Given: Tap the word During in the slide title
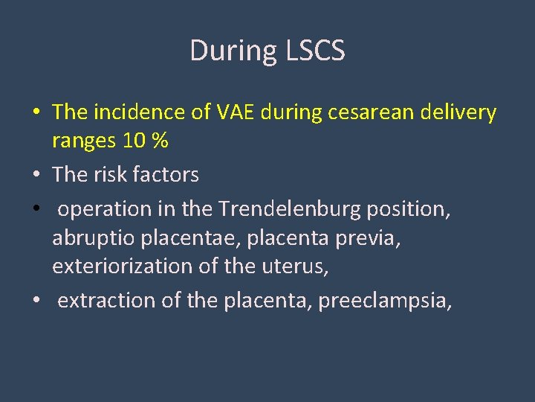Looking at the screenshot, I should tap(233, 51).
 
